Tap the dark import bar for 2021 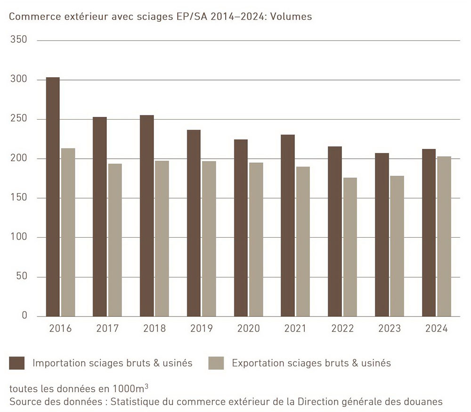click(x=288, y=226)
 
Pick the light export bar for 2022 click(x=350, y=247)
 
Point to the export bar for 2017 click(x=115, y=240)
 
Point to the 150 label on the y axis click(x=19, y=198)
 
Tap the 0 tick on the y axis click(x=24, y=315)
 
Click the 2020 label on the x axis click(x=248, y=329)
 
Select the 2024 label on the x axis click(x=436, y=329)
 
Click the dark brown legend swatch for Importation click(x=17, y=363)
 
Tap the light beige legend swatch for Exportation click(x=216, y=363)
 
